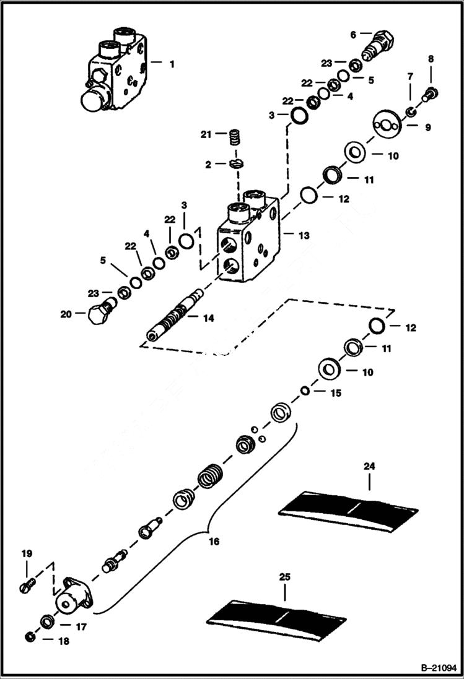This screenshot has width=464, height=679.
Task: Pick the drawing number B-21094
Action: [436, 667]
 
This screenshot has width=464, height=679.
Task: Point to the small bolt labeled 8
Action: [432, 93]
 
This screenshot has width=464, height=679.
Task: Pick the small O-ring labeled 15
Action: [305, 391]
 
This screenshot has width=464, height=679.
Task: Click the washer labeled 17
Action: [46, 621]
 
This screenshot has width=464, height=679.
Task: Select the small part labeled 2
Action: [235, 165]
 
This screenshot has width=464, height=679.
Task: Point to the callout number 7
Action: [409, 76]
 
